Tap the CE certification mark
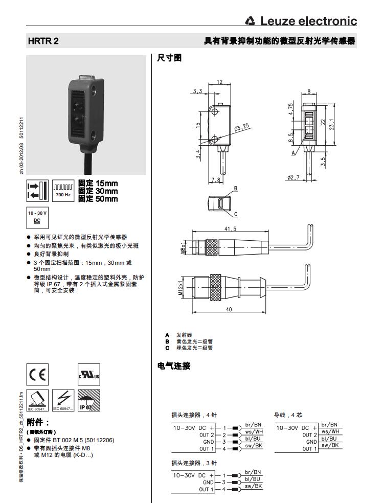pos(37,374)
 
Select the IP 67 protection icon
pos(88,400)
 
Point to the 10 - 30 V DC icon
pos(36,217)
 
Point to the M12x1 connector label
pos(181,289)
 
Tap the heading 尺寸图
pos(169,58)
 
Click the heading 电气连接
pos(173,365)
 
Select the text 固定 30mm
pos(98,191)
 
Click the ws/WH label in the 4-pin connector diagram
pos(254,431)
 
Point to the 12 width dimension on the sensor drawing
pos(219,82)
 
